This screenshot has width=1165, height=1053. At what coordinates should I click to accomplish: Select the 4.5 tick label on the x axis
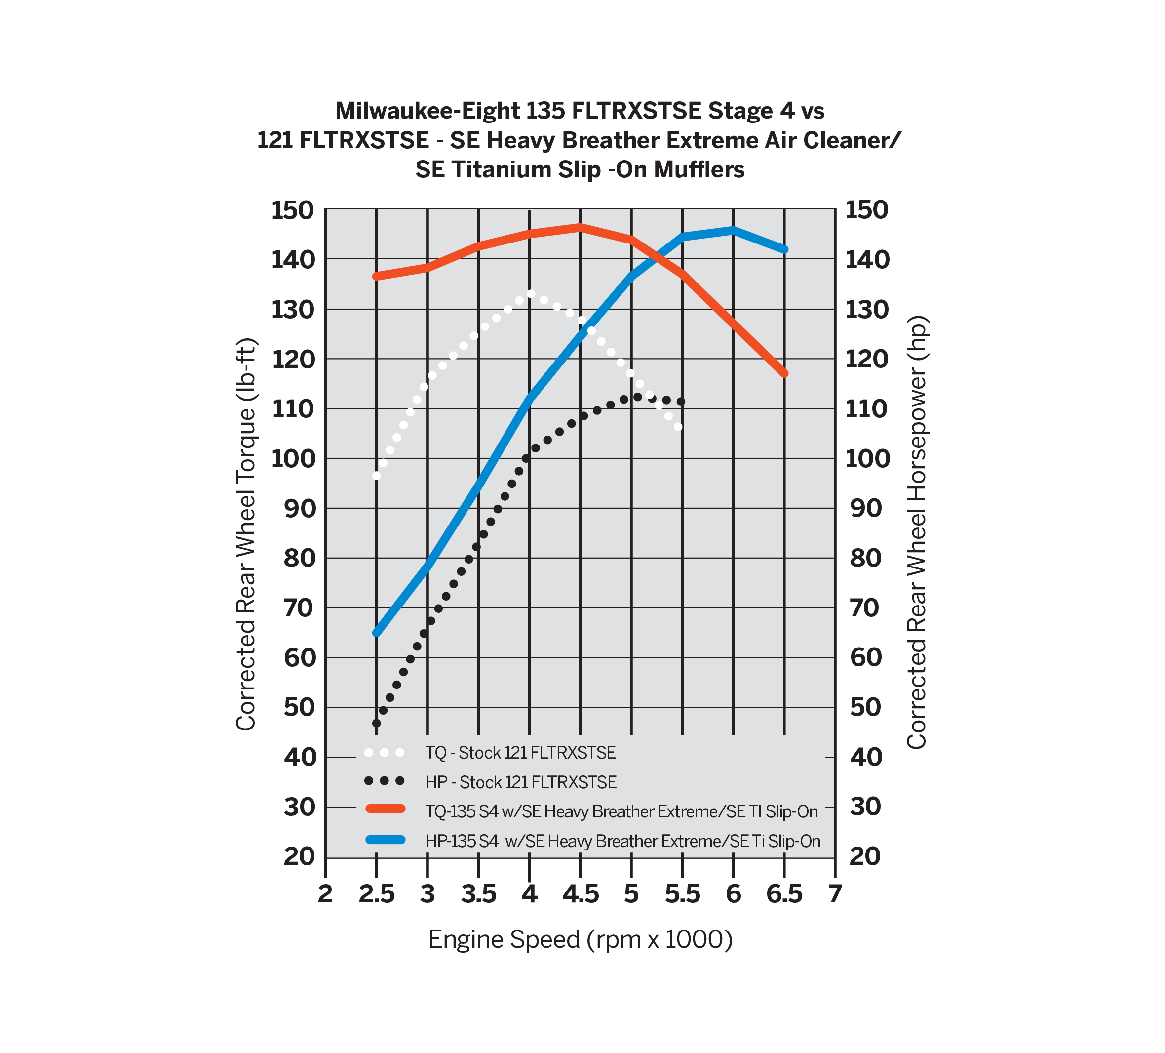(x=580, y=894)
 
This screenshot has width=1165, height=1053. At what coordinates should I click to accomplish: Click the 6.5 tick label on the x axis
(x=784, y=894)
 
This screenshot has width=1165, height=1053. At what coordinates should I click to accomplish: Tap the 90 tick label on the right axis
(x=866, y=508)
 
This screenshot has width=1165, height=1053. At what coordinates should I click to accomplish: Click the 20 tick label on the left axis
(x=299, y=856)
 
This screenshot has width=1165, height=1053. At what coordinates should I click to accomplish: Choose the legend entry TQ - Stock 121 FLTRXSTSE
(x=520, y=753)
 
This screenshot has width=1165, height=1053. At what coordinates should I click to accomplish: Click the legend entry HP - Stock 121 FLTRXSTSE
(x=521, y=782)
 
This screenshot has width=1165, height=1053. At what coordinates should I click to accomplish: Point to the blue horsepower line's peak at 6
(x=734, y=230)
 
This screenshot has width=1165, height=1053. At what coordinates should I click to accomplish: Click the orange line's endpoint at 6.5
(x=784, y=373)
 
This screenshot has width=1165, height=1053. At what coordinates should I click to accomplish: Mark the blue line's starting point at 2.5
(x=377, y=633)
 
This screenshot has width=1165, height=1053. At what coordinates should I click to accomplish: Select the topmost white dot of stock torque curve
(x=531, y=294)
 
